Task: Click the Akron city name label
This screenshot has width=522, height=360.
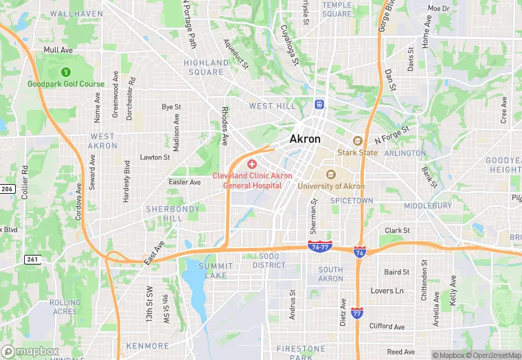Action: [305, 139]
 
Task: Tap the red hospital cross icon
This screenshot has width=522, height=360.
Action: [252, 164]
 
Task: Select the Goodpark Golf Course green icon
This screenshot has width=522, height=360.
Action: [66, 71]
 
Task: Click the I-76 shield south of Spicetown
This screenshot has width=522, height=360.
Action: [359, 253]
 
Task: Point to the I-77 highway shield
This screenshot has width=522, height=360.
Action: [356, 313]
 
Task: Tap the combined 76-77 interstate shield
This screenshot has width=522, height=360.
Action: [320, 247]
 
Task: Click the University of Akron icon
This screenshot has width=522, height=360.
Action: [330, 175]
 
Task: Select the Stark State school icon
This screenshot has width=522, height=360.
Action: [357, 141]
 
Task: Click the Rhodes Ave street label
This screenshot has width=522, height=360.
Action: [225, 126]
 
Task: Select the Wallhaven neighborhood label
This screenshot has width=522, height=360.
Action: [76, 14]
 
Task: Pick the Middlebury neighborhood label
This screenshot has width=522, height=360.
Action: [428, 205]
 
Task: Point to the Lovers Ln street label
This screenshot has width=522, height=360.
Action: [387, 291]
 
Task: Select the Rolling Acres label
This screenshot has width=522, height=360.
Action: [65, 306]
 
